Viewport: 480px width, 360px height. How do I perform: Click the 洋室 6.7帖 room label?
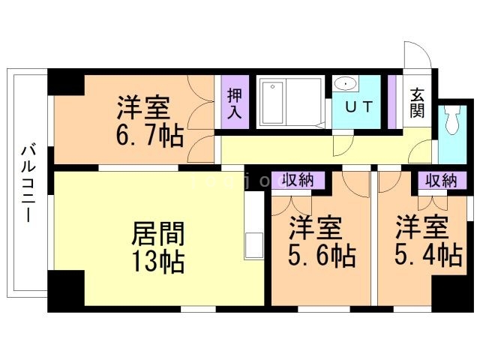click(x=149, y=121)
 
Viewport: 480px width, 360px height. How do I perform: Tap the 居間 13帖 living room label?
click(x=158, y=248)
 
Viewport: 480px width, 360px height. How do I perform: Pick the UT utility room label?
click(x=358, y=106)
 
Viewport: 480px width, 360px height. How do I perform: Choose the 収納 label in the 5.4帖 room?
click(x=441, y=180)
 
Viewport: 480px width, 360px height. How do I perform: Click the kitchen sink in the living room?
click(x=253, y=244)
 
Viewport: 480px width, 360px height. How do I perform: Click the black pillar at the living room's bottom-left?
click(x=67, y=288)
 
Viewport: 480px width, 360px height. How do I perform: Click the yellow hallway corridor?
click(x=315, y=147)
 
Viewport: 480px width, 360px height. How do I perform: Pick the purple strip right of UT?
click(x=392, y=101)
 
